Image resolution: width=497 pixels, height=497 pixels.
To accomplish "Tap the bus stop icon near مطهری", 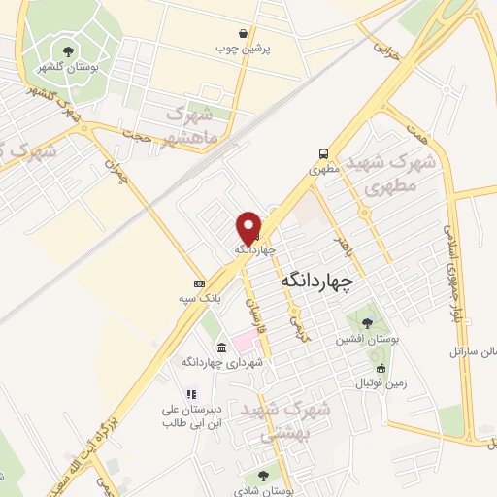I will tap(323, 153).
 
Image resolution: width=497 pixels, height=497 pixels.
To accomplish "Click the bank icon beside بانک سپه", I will tap(199, 283).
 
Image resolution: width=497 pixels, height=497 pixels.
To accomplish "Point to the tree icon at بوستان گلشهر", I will tap(67, 51).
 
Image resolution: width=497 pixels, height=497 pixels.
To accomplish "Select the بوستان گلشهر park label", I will tap(59, 67).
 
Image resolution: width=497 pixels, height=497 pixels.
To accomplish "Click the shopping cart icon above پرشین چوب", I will tap(254, 32).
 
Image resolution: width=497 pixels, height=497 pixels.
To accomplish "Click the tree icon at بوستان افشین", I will tap(366, 323).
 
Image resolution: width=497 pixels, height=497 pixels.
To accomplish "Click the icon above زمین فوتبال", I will tap(381, 368).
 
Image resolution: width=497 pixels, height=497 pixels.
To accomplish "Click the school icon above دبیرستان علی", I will tap(191, 395).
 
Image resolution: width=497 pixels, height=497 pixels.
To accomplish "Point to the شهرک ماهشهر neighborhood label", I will tap(201, 126).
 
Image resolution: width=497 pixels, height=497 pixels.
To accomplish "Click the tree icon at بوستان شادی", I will tap(260, 475).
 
